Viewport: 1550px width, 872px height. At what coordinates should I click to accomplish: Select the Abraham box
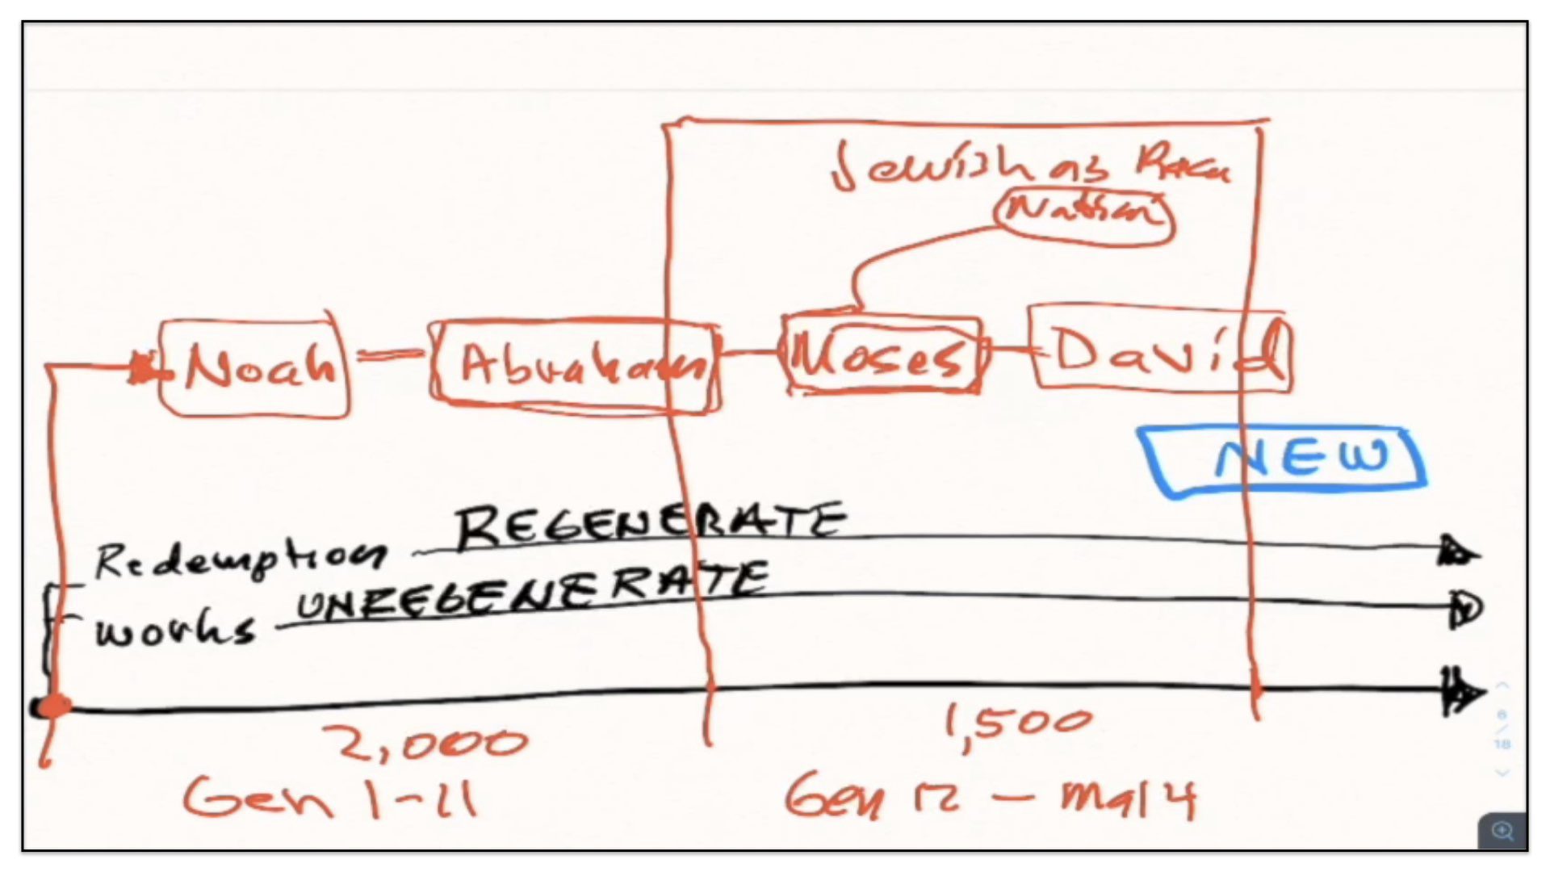tap(575, 366)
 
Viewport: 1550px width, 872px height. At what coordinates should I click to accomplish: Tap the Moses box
tap(882, 355)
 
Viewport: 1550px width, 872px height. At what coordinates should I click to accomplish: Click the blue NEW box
tap(1285, 459)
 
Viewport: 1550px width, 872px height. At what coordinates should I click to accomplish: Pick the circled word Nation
tap(1084, 212)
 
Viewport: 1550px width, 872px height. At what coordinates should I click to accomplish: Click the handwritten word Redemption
tap(241, 558)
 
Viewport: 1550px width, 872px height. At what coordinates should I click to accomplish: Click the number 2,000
tap(425, 743)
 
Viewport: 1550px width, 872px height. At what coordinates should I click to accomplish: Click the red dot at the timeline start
tap(53, 706)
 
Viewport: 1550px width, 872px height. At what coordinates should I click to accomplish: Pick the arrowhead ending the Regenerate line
tap(1458, 552)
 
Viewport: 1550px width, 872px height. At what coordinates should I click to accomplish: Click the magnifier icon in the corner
tap(1502, 831)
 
